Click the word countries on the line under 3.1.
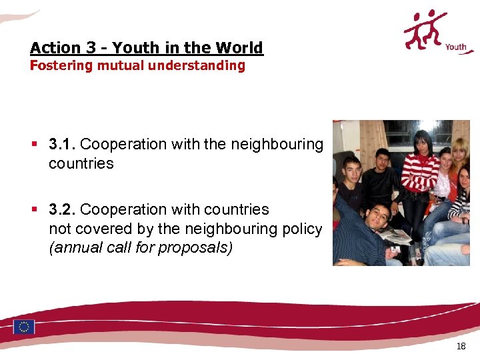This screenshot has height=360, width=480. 81,163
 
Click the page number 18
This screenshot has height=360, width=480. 461,346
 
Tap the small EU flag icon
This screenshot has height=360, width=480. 24,327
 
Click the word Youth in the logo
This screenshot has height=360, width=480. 455,47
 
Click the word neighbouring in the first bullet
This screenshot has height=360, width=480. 277,144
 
